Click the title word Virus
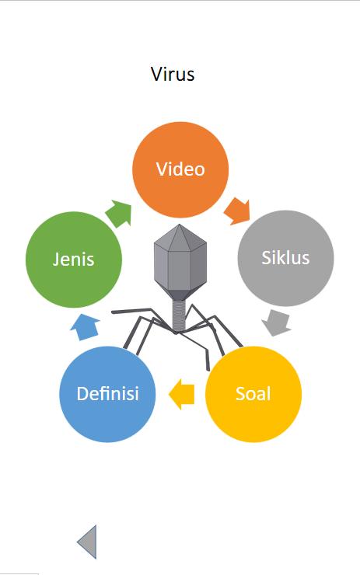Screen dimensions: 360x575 [x=173, y=74]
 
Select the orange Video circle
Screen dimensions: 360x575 [x=180, y=170]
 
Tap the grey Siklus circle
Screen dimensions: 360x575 [x=285, y=258]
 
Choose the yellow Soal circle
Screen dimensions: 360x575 [x=253, y=394]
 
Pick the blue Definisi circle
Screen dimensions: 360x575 [x=107, y=394]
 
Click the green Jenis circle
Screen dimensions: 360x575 [x=74, y=260]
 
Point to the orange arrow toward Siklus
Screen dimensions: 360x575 [x=237, y=211]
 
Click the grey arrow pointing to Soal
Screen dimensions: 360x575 [x=277, y=322]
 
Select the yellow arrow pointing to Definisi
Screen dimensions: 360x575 [x=182, y=395]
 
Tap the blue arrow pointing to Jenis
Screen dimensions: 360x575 [x=85, y=327]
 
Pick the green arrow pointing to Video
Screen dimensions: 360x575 [x=119, y=214]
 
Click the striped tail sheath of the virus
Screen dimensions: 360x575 [x=180, y=314]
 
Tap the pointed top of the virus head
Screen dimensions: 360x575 [x=179, y=225]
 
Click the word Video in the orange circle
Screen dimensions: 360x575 [x=180, y=169]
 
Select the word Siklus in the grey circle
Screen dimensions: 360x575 [x=285, y=257]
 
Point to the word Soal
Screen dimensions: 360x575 [x=253, y=394]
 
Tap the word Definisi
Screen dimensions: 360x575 [x=107, y=394]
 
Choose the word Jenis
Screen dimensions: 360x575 [x=74, y=260]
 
